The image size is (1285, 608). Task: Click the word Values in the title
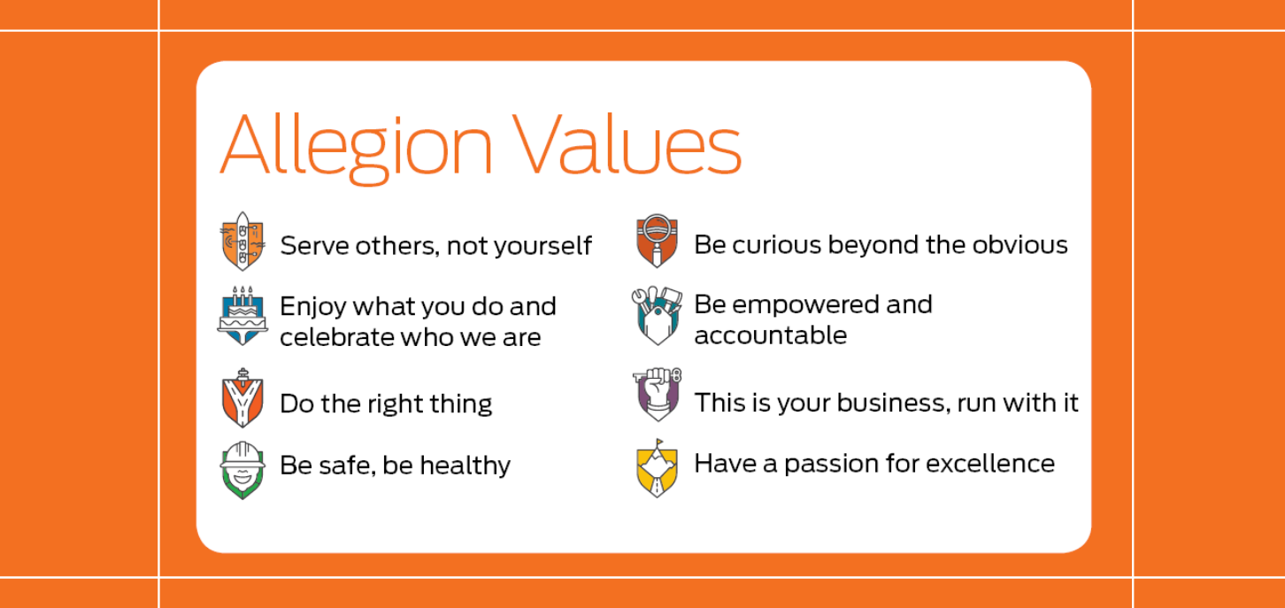[x=627, y=143]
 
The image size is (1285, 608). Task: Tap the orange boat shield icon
[x=242, y=241]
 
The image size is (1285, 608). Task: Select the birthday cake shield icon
[x=242, y=316]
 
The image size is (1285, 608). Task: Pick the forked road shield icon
[x=242, y=398]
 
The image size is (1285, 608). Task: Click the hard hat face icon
[x=242, y=470]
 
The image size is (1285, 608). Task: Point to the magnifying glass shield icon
[x=658, y=241]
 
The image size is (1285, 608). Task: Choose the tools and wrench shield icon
[x=658, y=315]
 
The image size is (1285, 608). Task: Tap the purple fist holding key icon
[x=658, y=395]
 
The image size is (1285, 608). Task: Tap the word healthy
[x=465, y=466]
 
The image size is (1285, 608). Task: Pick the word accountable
[x=771, y=335]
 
